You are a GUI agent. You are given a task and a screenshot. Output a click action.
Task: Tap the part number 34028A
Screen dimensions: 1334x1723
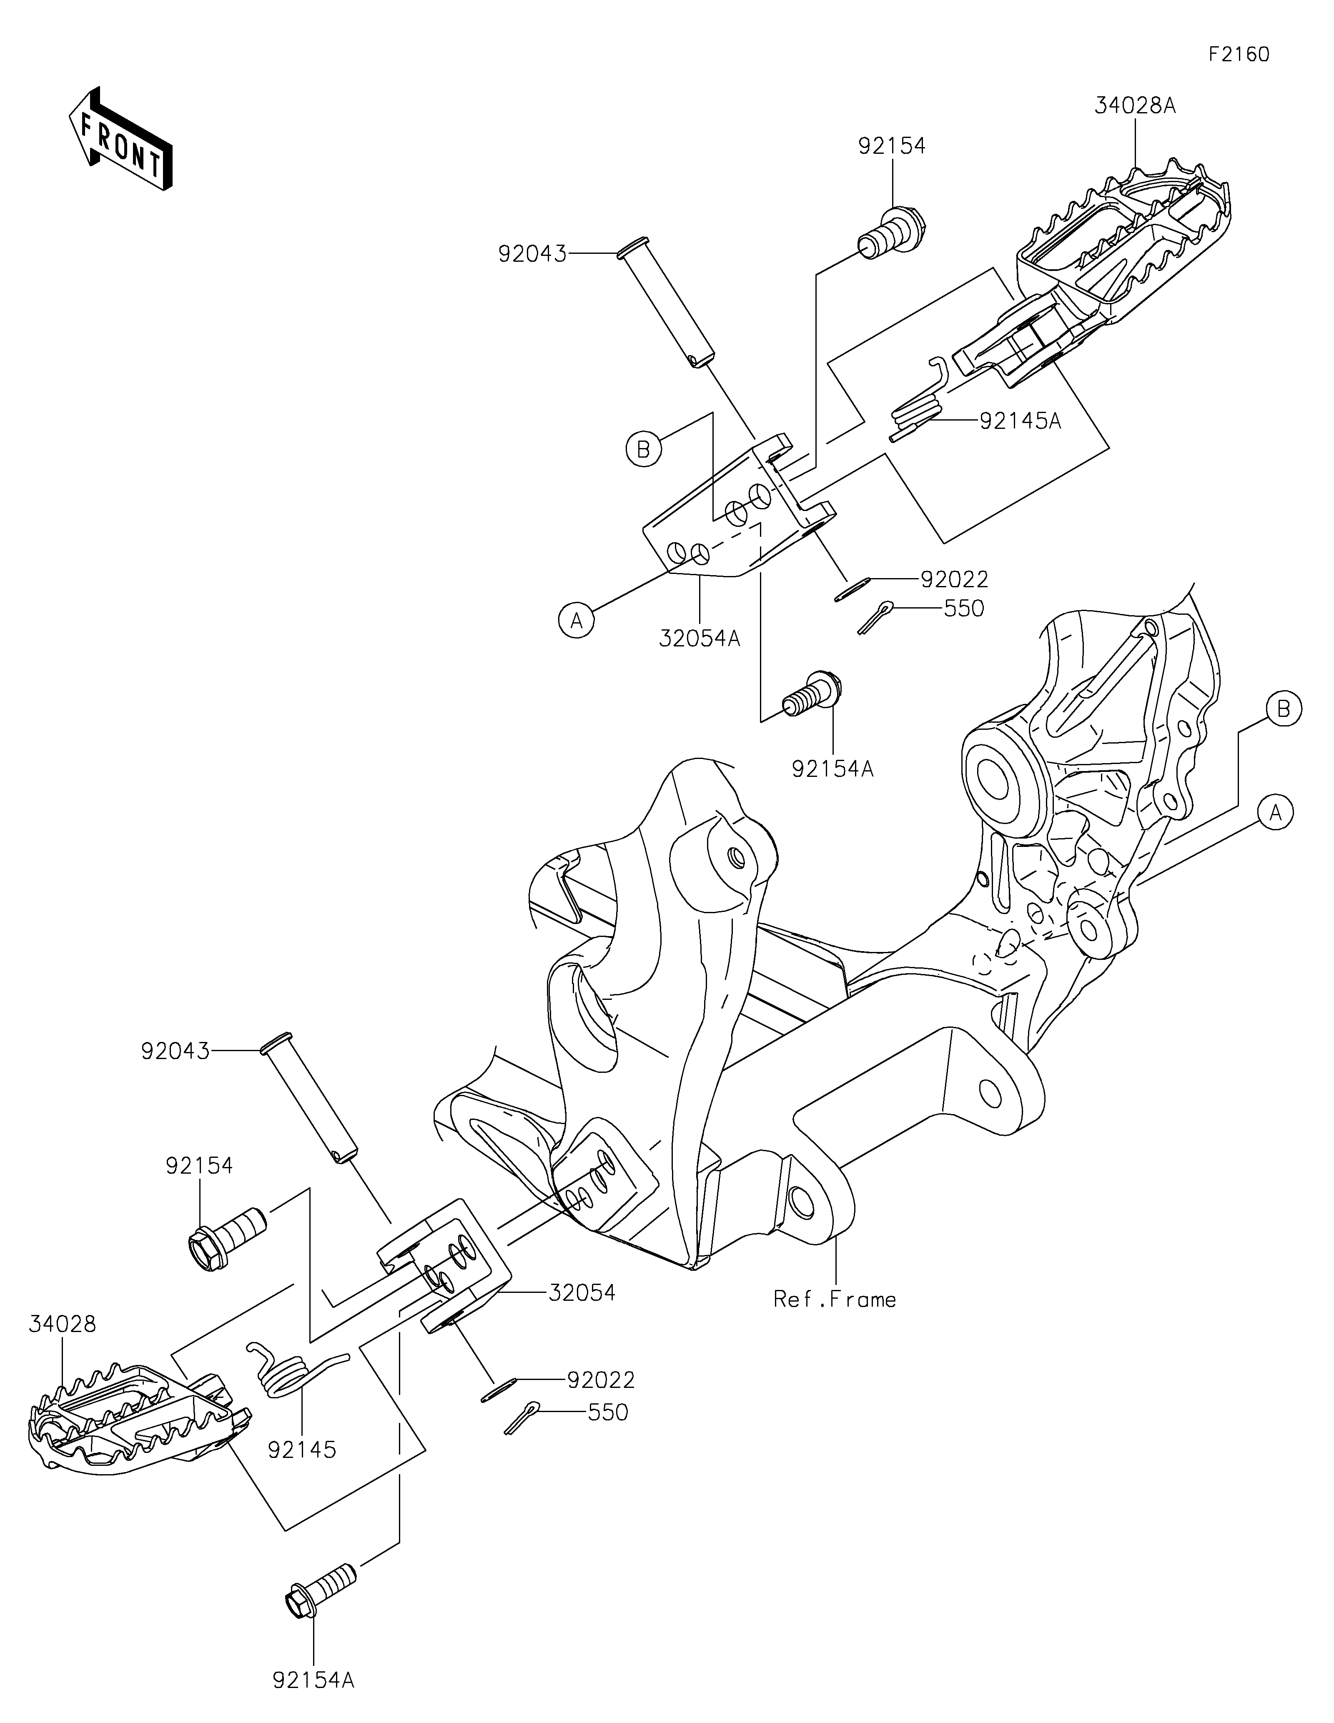click(x=1134, y=106)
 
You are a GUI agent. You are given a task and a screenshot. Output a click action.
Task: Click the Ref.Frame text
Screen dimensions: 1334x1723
click(x=835, y=1299)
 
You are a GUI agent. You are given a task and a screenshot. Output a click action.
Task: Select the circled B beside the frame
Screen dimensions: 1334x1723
click(x=1284, y=709)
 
